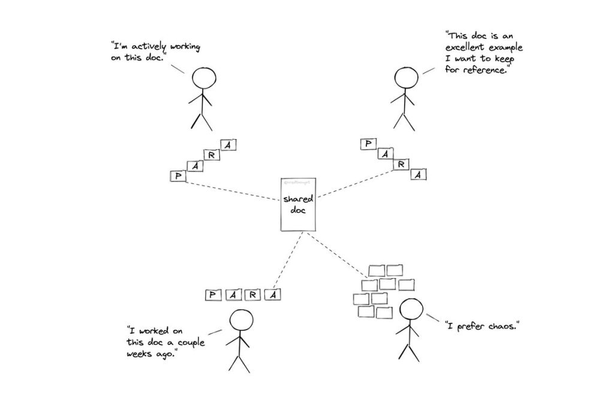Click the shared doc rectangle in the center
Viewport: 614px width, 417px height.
pyautogui.click(x=299, y=204)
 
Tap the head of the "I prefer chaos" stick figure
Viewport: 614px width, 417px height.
pyautogui.click(x=411, y=310)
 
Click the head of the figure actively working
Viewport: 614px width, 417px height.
pyautogui.click(x=204, y=78)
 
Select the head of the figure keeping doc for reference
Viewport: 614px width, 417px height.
pyautogui.click(x=407, y=78)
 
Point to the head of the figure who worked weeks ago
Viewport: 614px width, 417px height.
pyautogui.click(x=241, y=322)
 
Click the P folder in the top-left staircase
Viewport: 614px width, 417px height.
pyautogui.click(x=177, y=176)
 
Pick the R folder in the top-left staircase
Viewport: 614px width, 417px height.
pyautogui.click(x=212, y=155)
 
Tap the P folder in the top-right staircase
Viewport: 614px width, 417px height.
pyautogui.click(x=368, y=144)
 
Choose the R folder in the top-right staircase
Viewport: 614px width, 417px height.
pyautogui.click(x=402, y=164)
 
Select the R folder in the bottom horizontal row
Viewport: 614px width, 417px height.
pyautogui.click(x=253, y=294)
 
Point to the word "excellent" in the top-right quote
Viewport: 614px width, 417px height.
pyautogui.click(x=467, y=48)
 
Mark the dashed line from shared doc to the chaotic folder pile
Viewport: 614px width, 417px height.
pyautogui.click(x=338, y=254)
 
